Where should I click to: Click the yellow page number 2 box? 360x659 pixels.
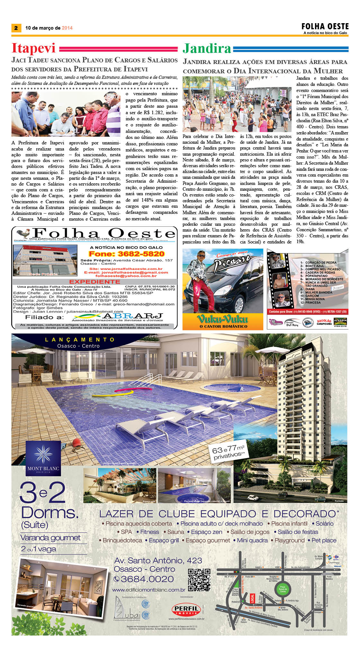click(x=16, y=28)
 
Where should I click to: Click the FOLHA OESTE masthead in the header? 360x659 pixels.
click(x=325, y=26)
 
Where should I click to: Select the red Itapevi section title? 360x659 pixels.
click(x=33, y=48)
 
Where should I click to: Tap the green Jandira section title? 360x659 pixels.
click(x=207, y=49)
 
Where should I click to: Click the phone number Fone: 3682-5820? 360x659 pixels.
click(x=126, y=254)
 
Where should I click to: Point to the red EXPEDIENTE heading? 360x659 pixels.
click(x=94, y=281)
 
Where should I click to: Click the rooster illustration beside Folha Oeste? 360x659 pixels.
click(x=23, y=233)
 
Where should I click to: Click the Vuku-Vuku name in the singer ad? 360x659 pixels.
click(x=223, y=319)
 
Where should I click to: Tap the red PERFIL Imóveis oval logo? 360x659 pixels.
click(x=186, y=609)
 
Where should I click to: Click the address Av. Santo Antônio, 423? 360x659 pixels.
click(x=158, y=561)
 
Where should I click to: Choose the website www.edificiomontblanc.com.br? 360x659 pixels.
click(x=148, y=590)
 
